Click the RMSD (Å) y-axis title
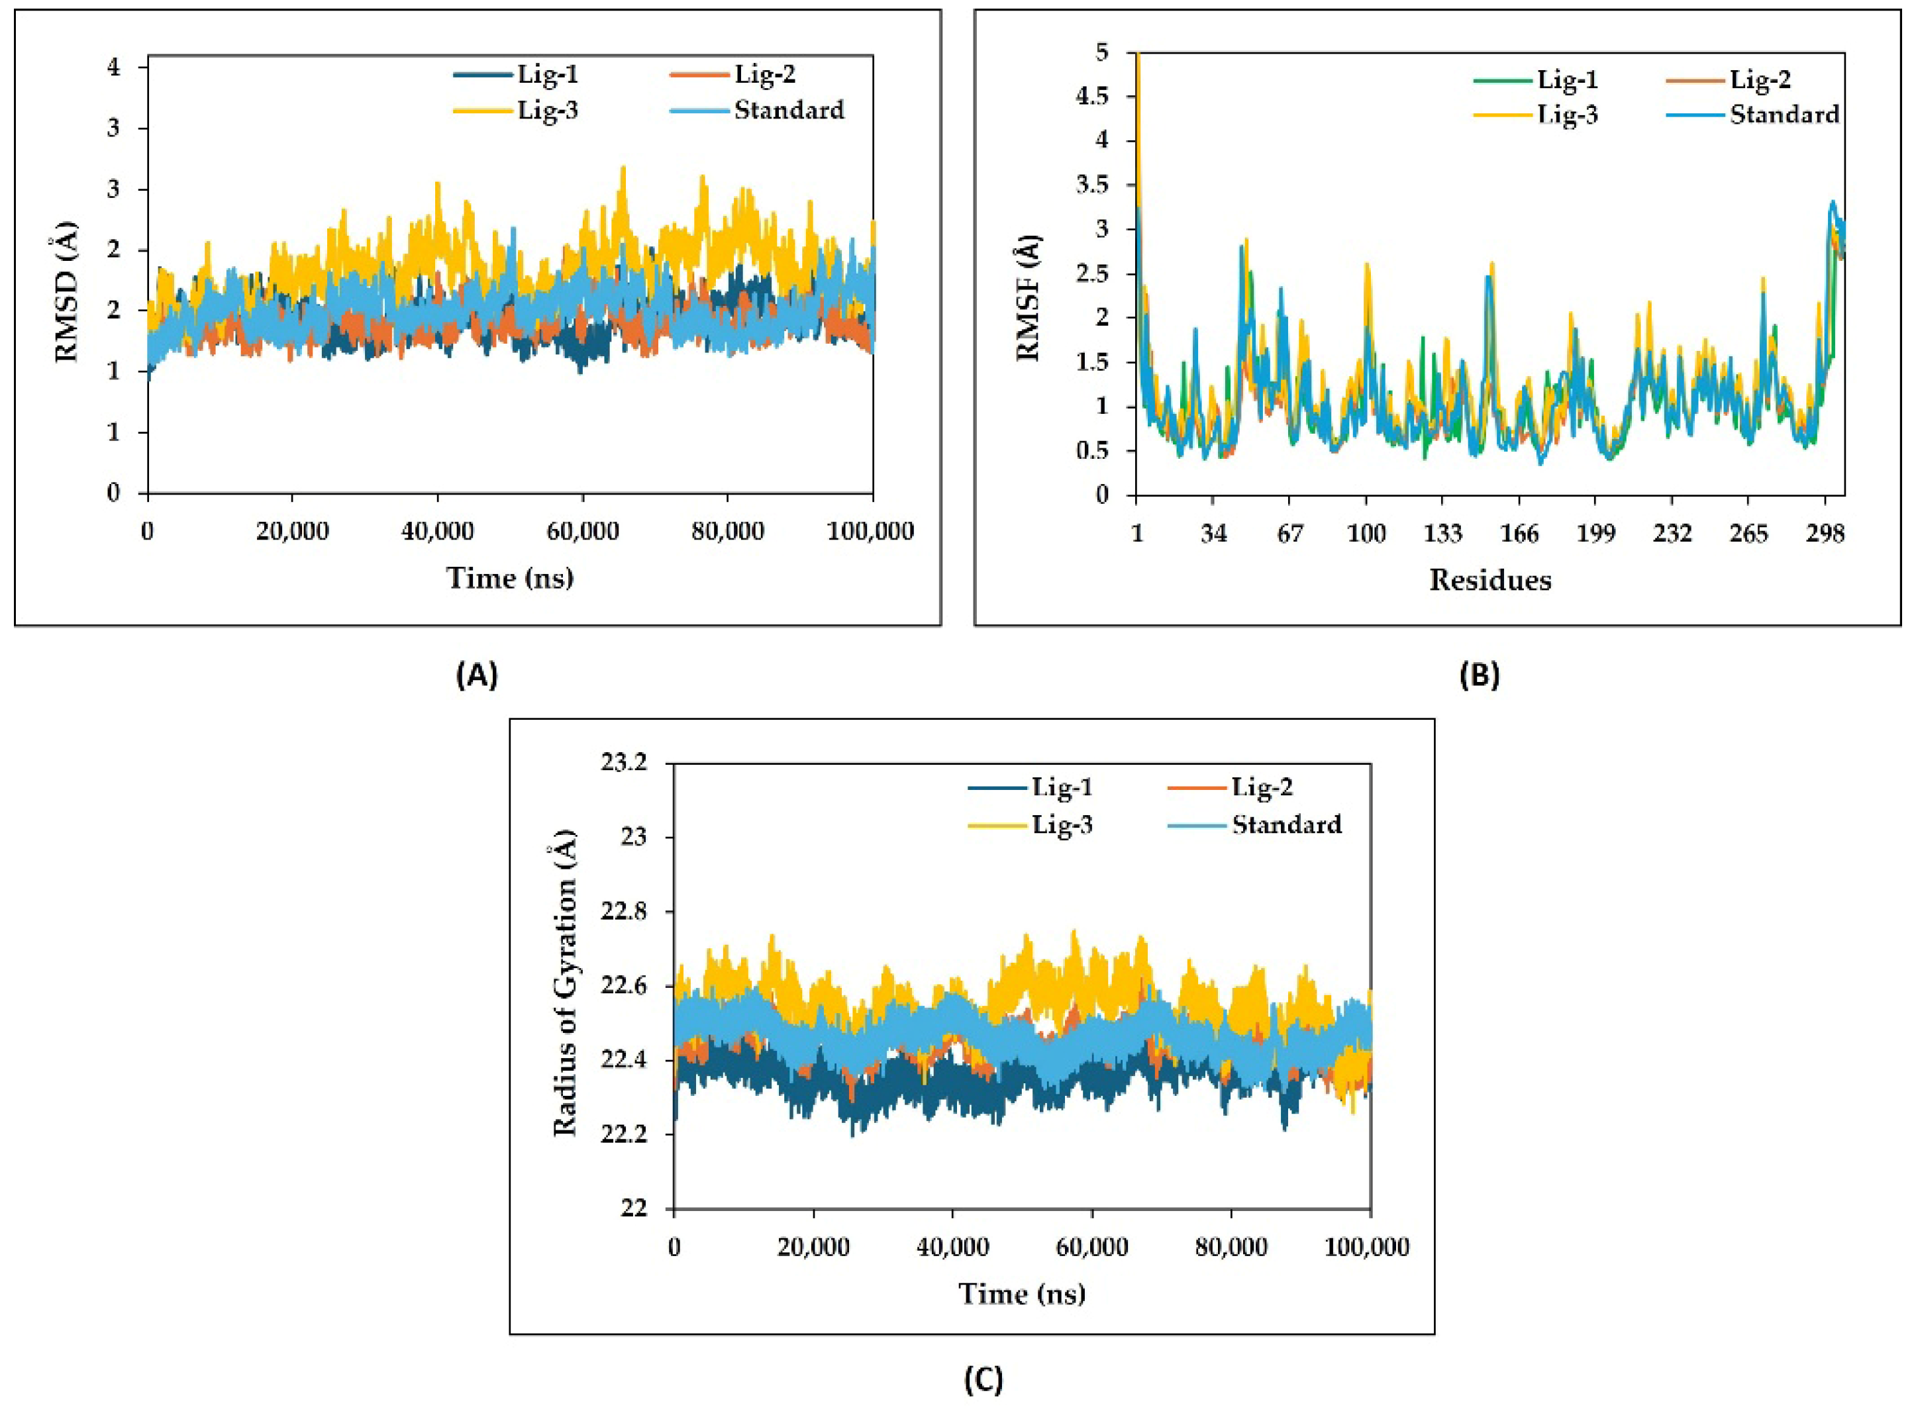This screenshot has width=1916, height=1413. tap(67, 291)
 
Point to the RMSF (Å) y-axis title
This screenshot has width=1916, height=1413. tap(1029, 298)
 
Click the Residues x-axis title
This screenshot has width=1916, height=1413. tap(1490, 580)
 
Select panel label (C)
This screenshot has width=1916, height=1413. tap(983, 1380)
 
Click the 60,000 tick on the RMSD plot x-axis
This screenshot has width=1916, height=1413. tap(583, 531)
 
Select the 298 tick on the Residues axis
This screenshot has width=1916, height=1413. tap(1825, 534)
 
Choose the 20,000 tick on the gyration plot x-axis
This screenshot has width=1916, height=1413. tap(813, 1247)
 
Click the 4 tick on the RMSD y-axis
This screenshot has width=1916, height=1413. tap(114, 67)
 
